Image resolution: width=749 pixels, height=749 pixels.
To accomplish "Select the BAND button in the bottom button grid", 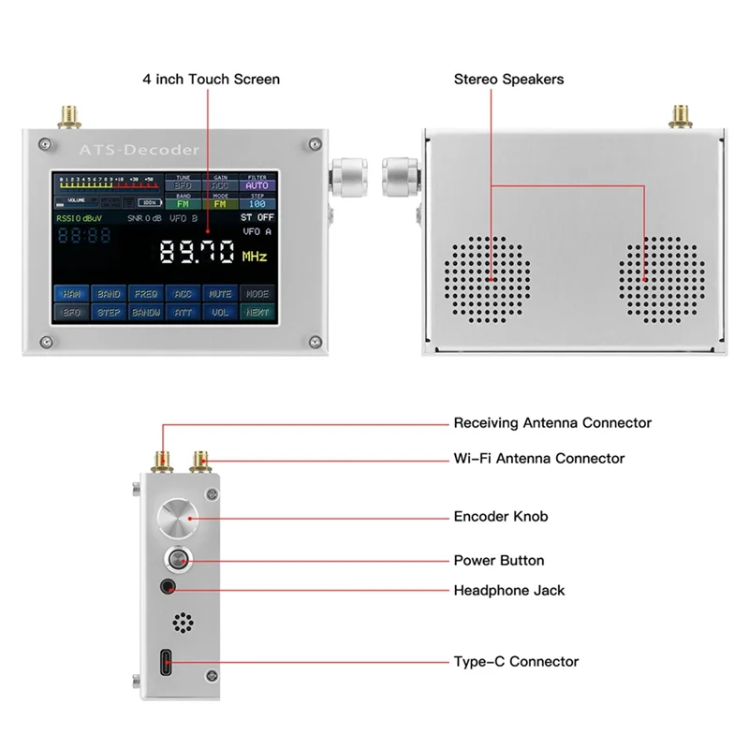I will pyautogui.click(x=109, y=293).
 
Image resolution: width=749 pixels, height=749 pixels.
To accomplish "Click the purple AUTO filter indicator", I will pyautogui.click(x=257, y=185).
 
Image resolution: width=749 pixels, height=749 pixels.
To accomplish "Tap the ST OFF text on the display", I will pyautogui.click(x=257, y=217).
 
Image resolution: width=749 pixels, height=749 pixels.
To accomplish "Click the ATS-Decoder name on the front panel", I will pyautogui.click(x=139, y=150).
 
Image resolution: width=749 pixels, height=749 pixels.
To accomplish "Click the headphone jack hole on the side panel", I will pyautogui.click(x=170, y=588).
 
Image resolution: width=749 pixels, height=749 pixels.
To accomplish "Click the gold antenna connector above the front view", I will pyautogui.click(x=68, y=117).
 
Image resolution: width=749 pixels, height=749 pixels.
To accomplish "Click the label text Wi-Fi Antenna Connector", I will pyautogui.click(x=538, y=459).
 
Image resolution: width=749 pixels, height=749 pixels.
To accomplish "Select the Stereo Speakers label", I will pyautogui.click(x=508, y=80).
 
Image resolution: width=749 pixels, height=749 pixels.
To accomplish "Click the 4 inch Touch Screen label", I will pyautogui.click(x=211, y=80).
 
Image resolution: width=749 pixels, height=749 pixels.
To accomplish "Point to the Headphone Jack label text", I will pyautogui.click(x=509, y=591).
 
